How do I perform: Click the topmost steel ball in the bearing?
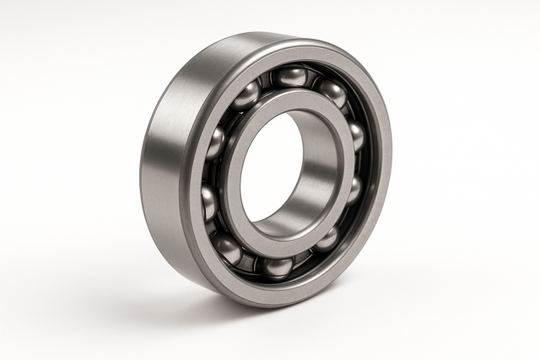290,77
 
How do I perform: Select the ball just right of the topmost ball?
332,92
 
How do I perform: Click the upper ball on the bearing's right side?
356,136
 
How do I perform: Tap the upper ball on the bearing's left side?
216,143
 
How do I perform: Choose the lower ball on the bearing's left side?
208,202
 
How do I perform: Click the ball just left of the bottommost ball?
228,250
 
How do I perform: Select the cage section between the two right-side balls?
359,163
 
